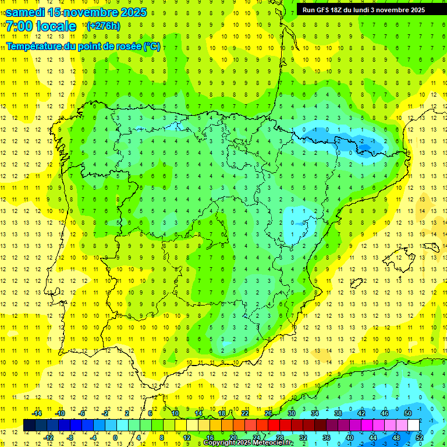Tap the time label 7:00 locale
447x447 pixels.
tap(41, 26)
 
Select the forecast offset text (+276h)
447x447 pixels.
tap(104, 26)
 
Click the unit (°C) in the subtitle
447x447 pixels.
tap(152, 46)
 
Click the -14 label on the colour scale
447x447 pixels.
tap(36, 413)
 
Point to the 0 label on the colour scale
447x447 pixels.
tap(115, 438)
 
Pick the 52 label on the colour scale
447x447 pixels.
tap(419, 438)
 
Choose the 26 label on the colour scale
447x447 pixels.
tap(268, 413)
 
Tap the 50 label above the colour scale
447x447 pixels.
tap(408, 413)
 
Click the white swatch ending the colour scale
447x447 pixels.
tap(413, 425)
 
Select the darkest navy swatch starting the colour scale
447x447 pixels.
tap(29, 425)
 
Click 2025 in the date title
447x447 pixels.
tap(133, 12)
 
